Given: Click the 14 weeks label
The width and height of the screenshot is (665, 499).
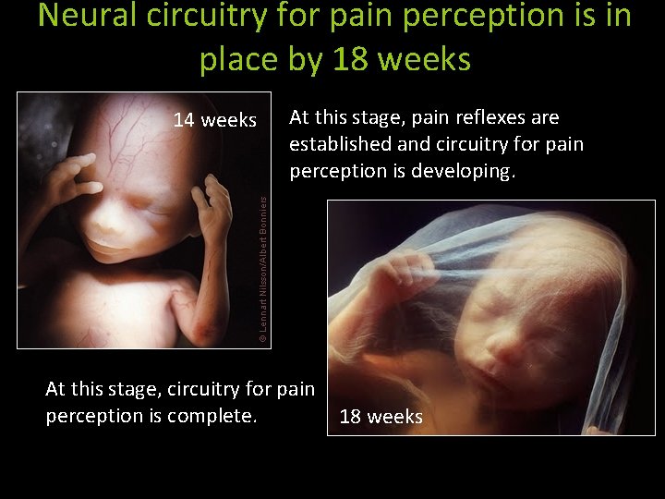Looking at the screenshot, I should pyautogui.click(x=215, y=120).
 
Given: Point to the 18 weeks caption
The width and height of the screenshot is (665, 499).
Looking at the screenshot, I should pyautogui.click(x=381, y=417).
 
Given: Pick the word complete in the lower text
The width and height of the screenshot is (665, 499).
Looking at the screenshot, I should pyautogui.click(x=220, y=416).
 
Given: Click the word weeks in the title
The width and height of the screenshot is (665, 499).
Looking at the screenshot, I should pyautogui.click(x=431, y=59).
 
